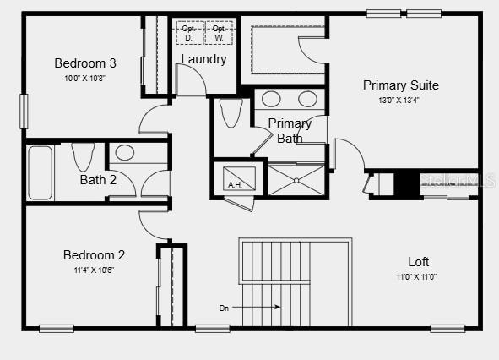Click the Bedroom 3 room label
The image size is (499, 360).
click(85, 63)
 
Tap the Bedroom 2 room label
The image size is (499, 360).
click(95, 255)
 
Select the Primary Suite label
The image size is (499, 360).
click(400, 85)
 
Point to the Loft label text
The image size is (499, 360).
click(418, 262)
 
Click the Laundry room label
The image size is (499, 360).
click(203, 59)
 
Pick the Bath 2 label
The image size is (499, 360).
click(98, 180)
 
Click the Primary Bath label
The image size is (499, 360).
click(290, 131)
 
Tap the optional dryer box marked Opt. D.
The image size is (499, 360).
click(188, 33)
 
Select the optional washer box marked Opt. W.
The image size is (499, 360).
click(219, 33)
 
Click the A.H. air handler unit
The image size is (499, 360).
click(234, 180)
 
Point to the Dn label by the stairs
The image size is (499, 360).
click(224, 308)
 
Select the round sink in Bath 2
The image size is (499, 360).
click(124, 153)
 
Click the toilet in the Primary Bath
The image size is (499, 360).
click(230, 112)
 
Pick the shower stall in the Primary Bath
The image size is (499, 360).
click(296, 180)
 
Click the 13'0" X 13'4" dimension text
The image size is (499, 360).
click(400, 100)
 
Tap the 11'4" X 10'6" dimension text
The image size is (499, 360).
click(95, 270)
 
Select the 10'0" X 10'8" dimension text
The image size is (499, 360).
click(85, 78)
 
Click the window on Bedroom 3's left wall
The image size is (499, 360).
click(24, 111)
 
